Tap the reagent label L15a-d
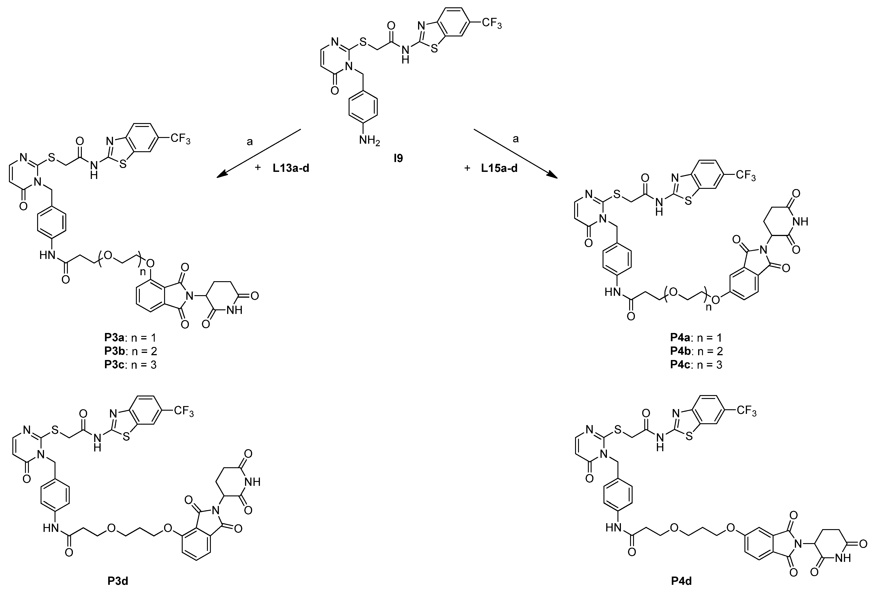click(499, 168)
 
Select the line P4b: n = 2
click(696, 351)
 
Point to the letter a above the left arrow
click(250, 142)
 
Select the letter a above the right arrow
click(516, 139)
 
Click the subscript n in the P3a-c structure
click(143, 272)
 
